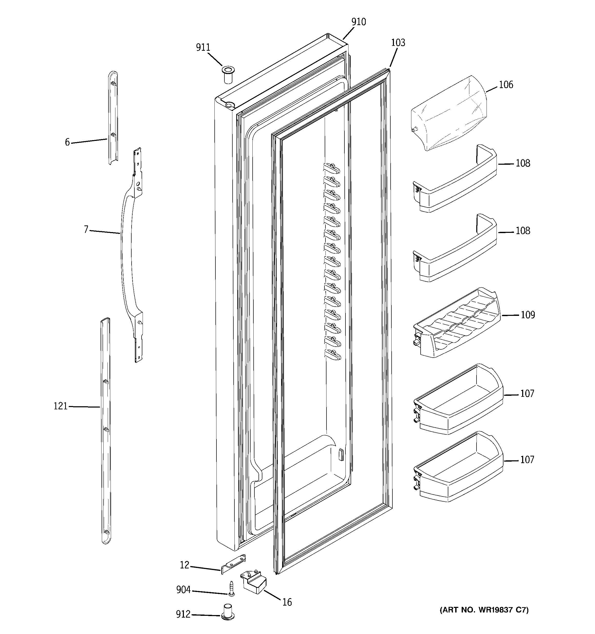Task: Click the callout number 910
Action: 358,22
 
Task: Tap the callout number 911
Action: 203,48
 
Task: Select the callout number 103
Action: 398,43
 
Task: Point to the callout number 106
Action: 506,85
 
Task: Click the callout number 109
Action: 528,315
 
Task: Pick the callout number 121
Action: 60,406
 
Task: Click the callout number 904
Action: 183,590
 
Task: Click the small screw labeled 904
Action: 231,589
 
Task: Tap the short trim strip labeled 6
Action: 113,118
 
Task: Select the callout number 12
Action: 184,565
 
